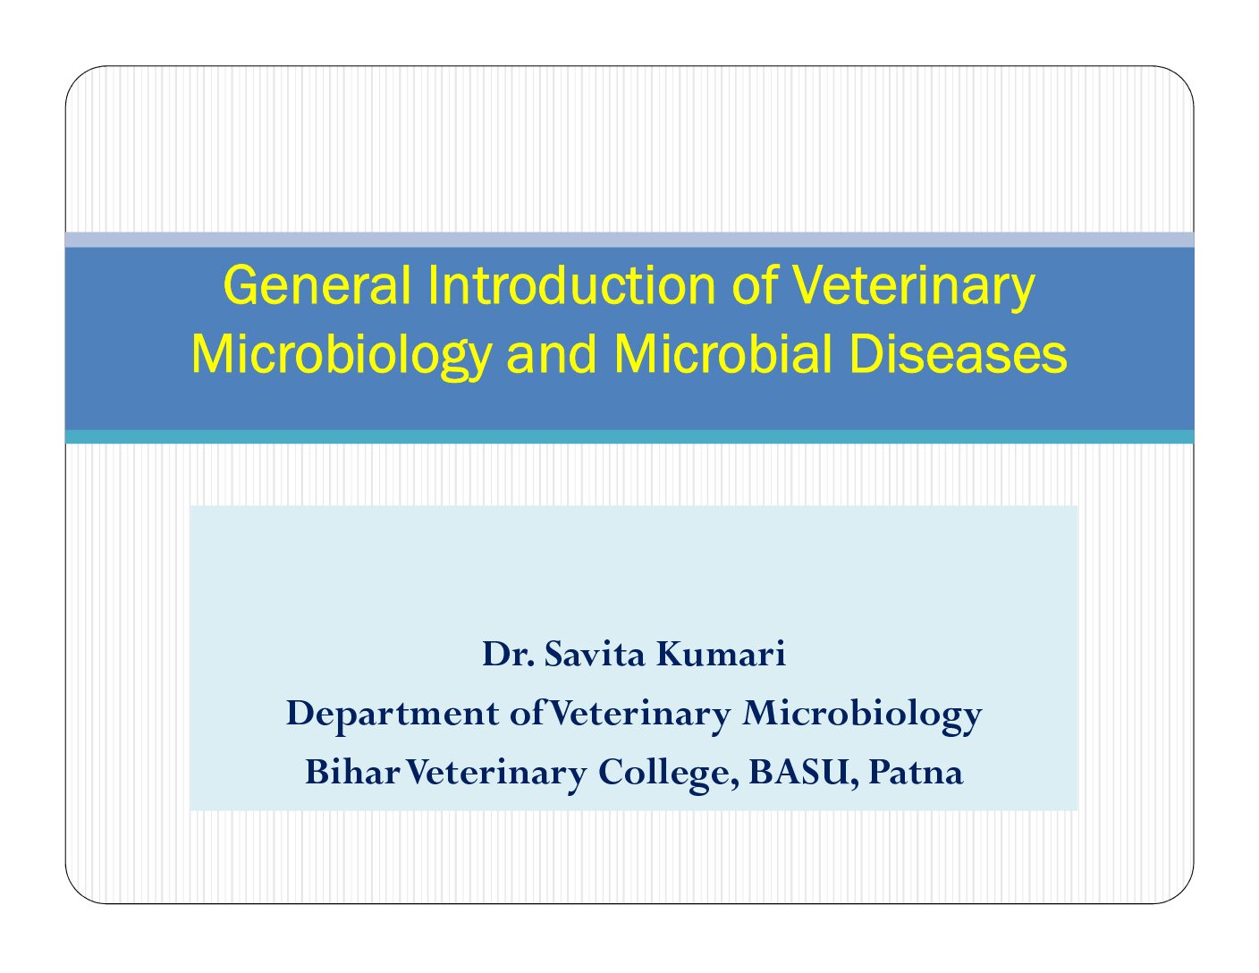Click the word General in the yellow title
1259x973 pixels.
click(x=317, y=285)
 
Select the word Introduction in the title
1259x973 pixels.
click(x=572, y=285)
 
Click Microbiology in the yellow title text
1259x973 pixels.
click(x=342, y=357)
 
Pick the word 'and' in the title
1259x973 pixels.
click(x=552, y=355)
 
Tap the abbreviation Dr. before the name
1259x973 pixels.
click(x=508, y=655)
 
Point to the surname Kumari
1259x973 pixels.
click(x=721, y=655)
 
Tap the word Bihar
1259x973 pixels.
click(x=353, y=772)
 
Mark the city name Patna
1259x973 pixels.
click(x=916, y=773)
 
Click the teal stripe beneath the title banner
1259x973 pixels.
click(x=629, y=437)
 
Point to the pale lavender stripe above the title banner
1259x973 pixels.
click(x=629, y=240)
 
